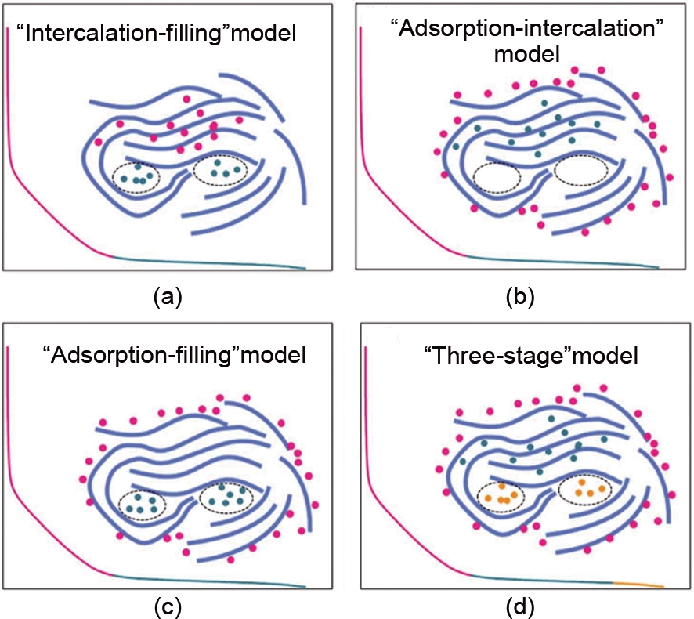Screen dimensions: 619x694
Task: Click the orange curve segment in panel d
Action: [x=638, y=584]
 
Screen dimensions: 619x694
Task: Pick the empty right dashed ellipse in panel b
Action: [x=580, y=168]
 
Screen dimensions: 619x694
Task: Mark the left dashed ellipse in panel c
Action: [x=141, y=502]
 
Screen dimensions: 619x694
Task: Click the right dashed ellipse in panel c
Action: [x=228, y=497]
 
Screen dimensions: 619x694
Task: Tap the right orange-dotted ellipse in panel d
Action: [x=586, y=490]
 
